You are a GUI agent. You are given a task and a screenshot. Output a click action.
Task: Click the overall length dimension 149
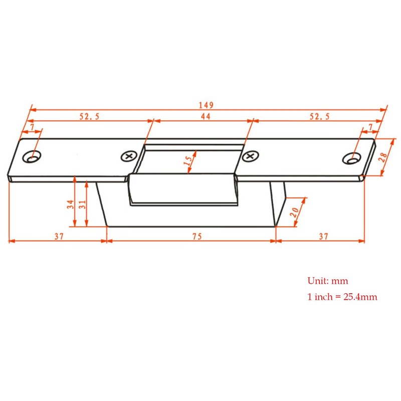pyautogui.click(x=206, y=105)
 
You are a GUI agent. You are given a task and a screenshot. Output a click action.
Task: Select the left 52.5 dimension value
pyautogui.click(x=90, y=116)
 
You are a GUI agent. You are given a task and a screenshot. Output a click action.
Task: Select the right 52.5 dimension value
pyautogui.click(x=319, y=116)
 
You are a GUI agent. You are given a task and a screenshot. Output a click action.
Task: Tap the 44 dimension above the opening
pyautogui.click(x=205, y=116)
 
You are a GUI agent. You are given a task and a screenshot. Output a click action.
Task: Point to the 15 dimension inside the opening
pyautogui.click(x=188, y=161)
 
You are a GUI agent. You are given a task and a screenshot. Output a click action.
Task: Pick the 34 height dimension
pyautogui.click(x=71, y=204)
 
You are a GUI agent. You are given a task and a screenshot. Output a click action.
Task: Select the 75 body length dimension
pyautogui.click(x=199, y=237)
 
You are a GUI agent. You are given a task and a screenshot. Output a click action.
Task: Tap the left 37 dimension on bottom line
pyautogui.click(x=59, y=237)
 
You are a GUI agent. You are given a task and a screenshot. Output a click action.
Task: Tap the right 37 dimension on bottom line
pyautogui.click(x=324, y=237)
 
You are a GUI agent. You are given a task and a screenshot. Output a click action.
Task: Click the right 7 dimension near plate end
pyautogui.click(x=371, y=128)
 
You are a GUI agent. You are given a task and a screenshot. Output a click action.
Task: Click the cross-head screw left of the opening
pyautogui.click(x=128, y=156)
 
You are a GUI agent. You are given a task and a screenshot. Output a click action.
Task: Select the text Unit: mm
pyautogui.click(x=327, y=281)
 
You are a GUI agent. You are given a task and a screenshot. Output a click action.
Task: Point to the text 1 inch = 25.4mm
pyautogui.click(x=342, y=297)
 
